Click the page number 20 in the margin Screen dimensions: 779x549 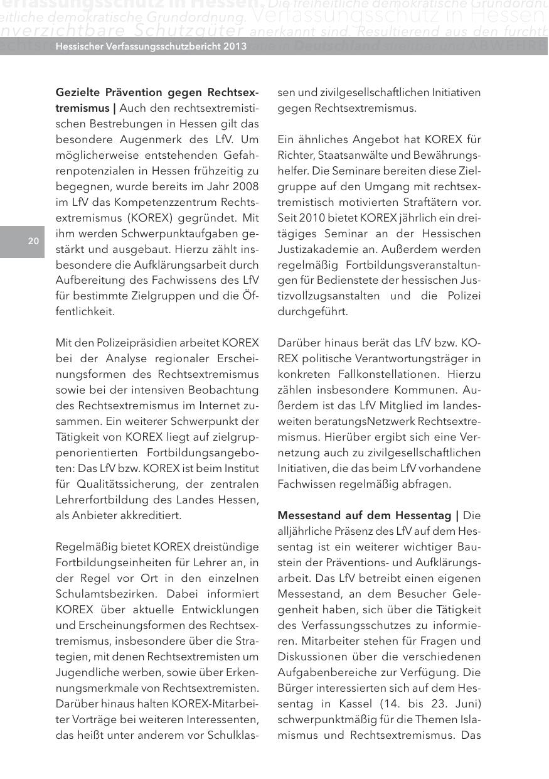click(33, 241)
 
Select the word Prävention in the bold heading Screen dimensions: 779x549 click(124, 93)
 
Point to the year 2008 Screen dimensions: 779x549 click(246, 186)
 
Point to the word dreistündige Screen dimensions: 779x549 click(227, 547)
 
